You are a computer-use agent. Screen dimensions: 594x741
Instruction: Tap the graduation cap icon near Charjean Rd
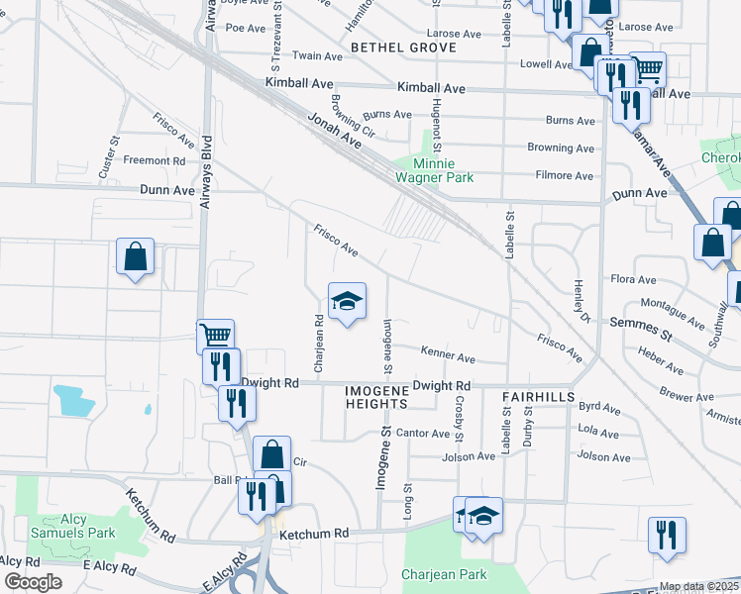click(x=347, y=302)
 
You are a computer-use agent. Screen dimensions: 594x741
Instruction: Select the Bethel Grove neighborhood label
click(x=403, y=48)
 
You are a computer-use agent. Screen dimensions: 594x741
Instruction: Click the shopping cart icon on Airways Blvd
click(x=216, y=336)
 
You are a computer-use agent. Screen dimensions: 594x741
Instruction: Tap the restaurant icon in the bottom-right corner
click(x=667, y=535)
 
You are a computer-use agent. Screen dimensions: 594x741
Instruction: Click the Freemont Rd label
click(x=155, y=160)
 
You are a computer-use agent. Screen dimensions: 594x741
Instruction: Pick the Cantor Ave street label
click(x=423, y=434)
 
